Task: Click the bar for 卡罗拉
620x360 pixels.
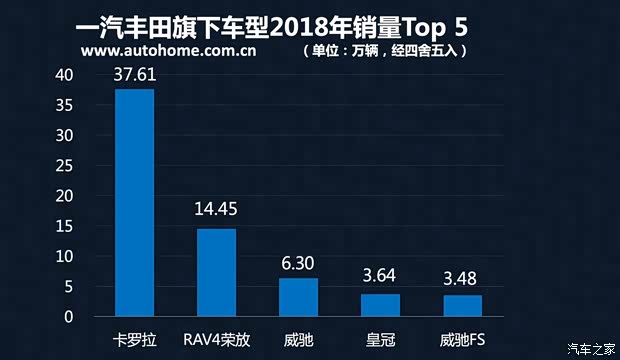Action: (x=134, y=203)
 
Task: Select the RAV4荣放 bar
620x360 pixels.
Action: (x=216, y=273)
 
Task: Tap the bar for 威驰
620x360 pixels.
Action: (x=298, y=297)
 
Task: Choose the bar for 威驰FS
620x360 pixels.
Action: (x=462, y=306)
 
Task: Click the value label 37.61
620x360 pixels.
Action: (x=135, y=73)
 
